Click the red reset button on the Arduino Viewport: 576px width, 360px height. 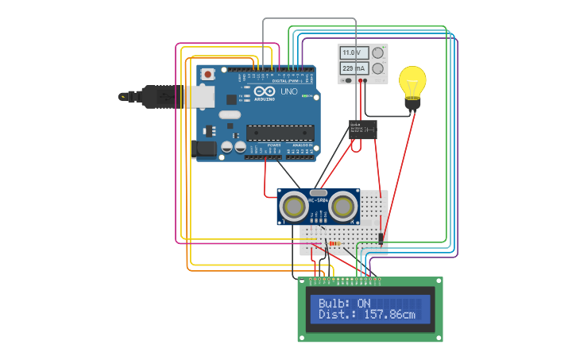(x=207, y=75)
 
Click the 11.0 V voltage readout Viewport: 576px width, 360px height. (x=351, y=53)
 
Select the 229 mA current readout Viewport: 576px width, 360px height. (x=351, y=69)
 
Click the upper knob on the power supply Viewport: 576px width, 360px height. (x=377, y=53)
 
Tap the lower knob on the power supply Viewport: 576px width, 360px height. (x=377, y=69)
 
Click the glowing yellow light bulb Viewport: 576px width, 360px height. (x=412, y=83)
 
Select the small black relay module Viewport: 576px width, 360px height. (x=363, y=130)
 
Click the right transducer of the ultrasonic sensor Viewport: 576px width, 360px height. (x=343, y=207)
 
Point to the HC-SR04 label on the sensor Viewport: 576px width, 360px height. (x=319, y=201)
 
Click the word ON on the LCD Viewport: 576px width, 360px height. (x=364, y=303)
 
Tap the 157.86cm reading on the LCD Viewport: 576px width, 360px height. (x=389, y=315)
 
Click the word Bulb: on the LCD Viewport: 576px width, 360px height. (x=334, y=303)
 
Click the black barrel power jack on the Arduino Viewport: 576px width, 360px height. (x=205, y=149)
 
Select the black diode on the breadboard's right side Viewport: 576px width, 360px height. (x=381, y=237)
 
